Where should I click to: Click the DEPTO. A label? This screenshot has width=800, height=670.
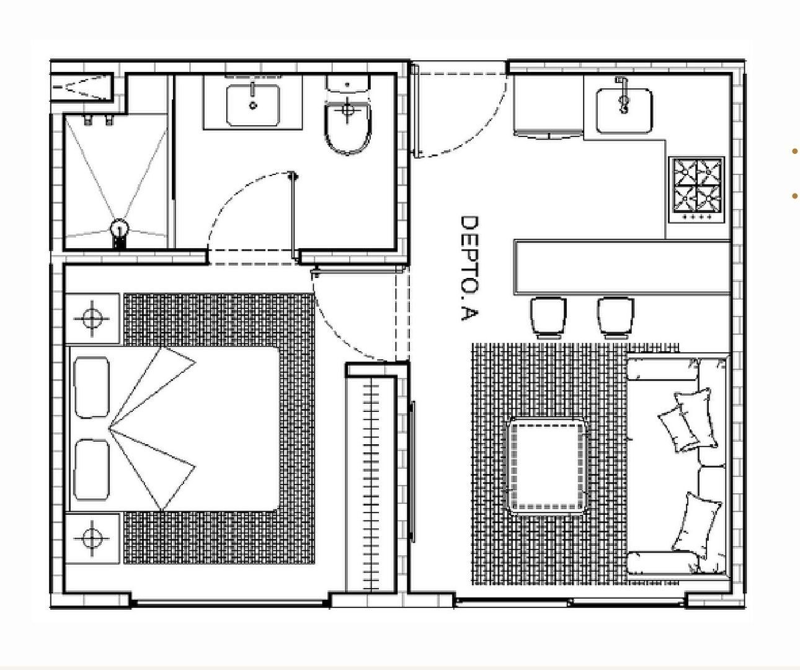tap(469, 268)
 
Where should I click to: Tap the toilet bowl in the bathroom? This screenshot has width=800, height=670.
tap(347, 128)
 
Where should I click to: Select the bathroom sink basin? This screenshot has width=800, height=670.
tap(253, 105)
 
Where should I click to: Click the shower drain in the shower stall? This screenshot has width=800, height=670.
tap(120, 229)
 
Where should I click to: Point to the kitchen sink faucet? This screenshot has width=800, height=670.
tap(623, 95)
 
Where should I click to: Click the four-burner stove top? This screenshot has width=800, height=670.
tap(696, 189)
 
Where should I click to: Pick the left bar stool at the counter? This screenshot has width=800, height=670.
tap(548, 318)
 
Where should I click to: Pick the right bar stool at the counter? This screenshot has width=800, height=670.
tap(615, 318)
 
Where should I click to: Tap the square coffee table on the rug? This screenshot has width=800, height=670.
tap(548, 466)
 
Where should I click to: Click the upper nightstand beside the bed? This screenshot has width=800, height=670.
tap(92, 318)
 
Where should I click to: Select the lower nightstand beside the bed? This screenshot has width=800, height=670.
tap(92, 538)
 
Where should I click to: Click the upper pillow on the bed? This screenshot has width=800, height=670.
tap(92, 387)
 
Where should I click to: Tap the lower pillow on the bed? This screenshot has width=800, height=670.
tap(92, 470)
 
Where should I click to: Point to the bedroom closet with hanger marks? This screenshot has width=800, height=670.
tap(371, 485)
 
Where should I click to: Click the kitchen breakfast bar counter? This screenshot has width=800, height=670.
tap(622, 267)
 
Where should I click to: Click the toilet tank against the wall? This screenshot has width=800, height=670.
tap(348, 83)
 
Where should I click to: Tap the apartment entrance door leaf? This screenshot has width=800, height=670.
tap(416, 111)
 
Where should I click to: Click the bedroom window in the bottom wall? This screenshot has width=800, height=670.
tap(230, 603)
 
